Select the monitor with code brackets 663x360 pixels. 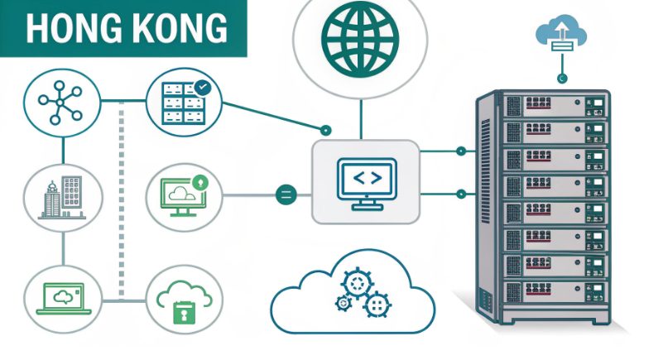366,181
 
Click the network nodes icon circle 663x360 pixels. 62,103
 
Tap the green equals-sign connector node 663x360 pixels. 285,196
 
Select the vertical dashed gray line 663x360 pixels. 123,199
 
